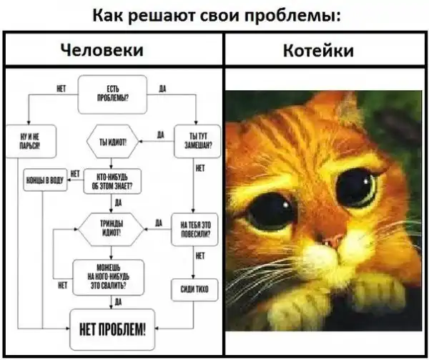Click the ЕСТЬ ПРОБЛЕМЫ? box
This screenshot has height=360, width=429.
[112, 94]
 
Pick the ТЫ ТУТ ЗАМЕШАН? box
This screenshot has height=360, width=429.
[194, 140]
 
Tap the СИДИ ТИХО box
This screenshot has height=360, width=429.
[194, 288]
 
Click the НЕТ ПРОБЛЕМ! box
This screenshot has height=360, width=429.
[112, 329]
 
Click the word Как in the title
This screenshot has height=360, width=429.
[110, 16]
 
